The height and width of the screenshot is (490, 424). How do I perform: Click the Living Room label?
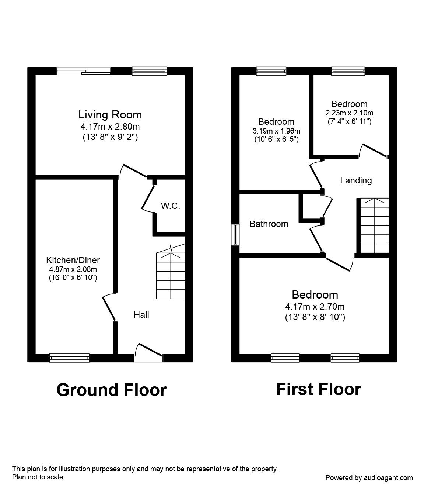click(x=110, y=115)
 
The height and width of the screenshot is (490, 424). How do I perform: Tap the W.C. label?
click(x=171, y=206)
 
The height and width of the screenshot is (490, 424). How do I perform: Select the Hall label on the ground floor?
click(x=141, y=315)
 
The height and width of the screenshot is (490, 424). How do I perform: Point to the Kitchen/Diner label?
click(x=73, y=260)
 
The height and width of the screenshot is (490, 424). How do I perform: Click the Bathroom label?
click(x=269, y=224)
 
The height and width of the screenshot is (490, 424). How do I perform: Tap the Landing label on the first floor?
click(x=356, y=181)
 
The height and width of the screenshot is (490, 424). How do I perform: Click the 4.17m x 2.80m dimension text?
click(x=110, y=127)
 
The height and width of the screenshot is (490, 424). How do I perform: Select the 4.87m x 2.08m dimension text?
click(x=73, y=269)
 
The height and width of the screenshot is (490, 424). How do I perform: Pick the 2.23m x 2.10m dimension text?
click(x=350, y=113)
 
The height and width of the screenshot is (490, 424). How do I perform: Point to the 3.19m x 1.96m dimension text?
click(x=277, y=131)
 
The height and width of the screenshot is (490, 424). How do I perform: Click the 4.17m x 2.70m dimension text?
click(x=315, y=307)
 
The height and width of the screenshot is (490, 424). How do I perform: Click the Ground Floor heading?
click(x=112, y=390)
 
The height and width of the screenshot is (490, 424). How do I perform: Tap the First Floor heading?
click(x=319, y=389)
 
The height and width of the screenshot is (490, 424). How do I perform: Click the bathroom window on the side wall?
click(x=235, y=235)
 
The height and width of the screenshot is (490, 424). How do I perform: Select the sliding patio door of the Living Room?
click(x=84, y=71)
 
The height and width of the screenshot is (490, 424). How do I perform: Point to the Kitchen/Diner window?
click(x=69, y=358)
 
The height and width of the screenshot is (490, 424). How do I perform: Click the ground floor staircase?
click(x=171, y=272)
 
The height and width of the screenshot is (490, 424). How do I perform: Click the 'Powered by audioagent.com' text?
click(x=369, y=478)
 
